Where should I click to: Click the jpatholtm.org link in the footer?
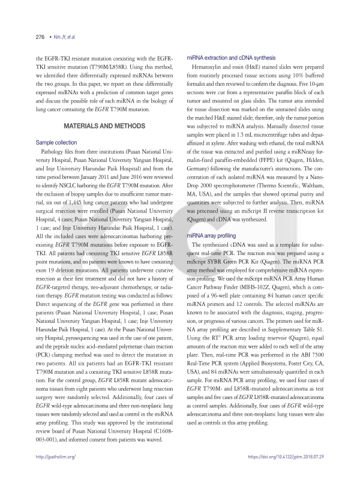pyautogui.click(x=56, y=457)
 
